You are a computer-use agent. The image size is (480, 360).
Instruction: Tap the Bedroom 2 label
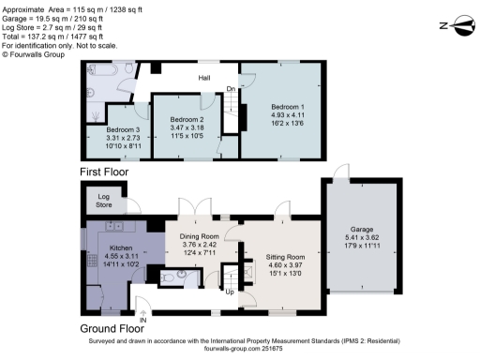[187, 120]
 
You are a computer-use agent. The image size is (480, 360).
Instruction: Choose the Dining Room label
[199, 235]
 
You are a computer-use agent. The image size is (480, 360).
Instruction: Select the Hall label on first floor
[204, 79]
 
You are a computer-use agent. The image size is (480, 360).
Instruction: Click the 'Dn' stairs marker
[232, 90]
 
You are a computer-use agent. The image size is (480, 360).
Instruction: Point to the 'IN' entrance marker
[143, 321]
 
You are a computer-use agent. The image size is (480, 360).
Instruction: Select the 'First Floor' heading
[104, 172]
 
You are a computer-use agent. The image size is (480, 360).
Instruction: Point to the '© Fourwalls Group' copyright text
[37, 55]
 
